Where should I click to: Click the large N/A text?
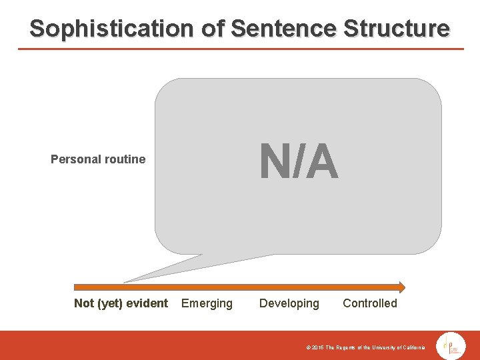[x=299, y=163]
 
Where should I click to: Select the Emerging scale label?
[x=207, y=304]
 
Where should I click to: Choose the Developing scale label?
[x=289, y=304]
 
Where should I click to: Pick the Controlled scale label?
[x=369, y=304]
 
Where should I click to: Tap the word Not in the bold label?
[x=84, y=304]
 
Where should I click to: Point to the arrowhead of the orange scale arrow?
[x=401, y=287]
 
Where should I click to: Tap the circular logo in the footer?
[x=451, y=347]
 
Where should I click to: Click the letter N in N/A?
[x=273, y=163]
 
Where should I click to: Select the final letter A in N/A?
[x=323, y=163]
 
